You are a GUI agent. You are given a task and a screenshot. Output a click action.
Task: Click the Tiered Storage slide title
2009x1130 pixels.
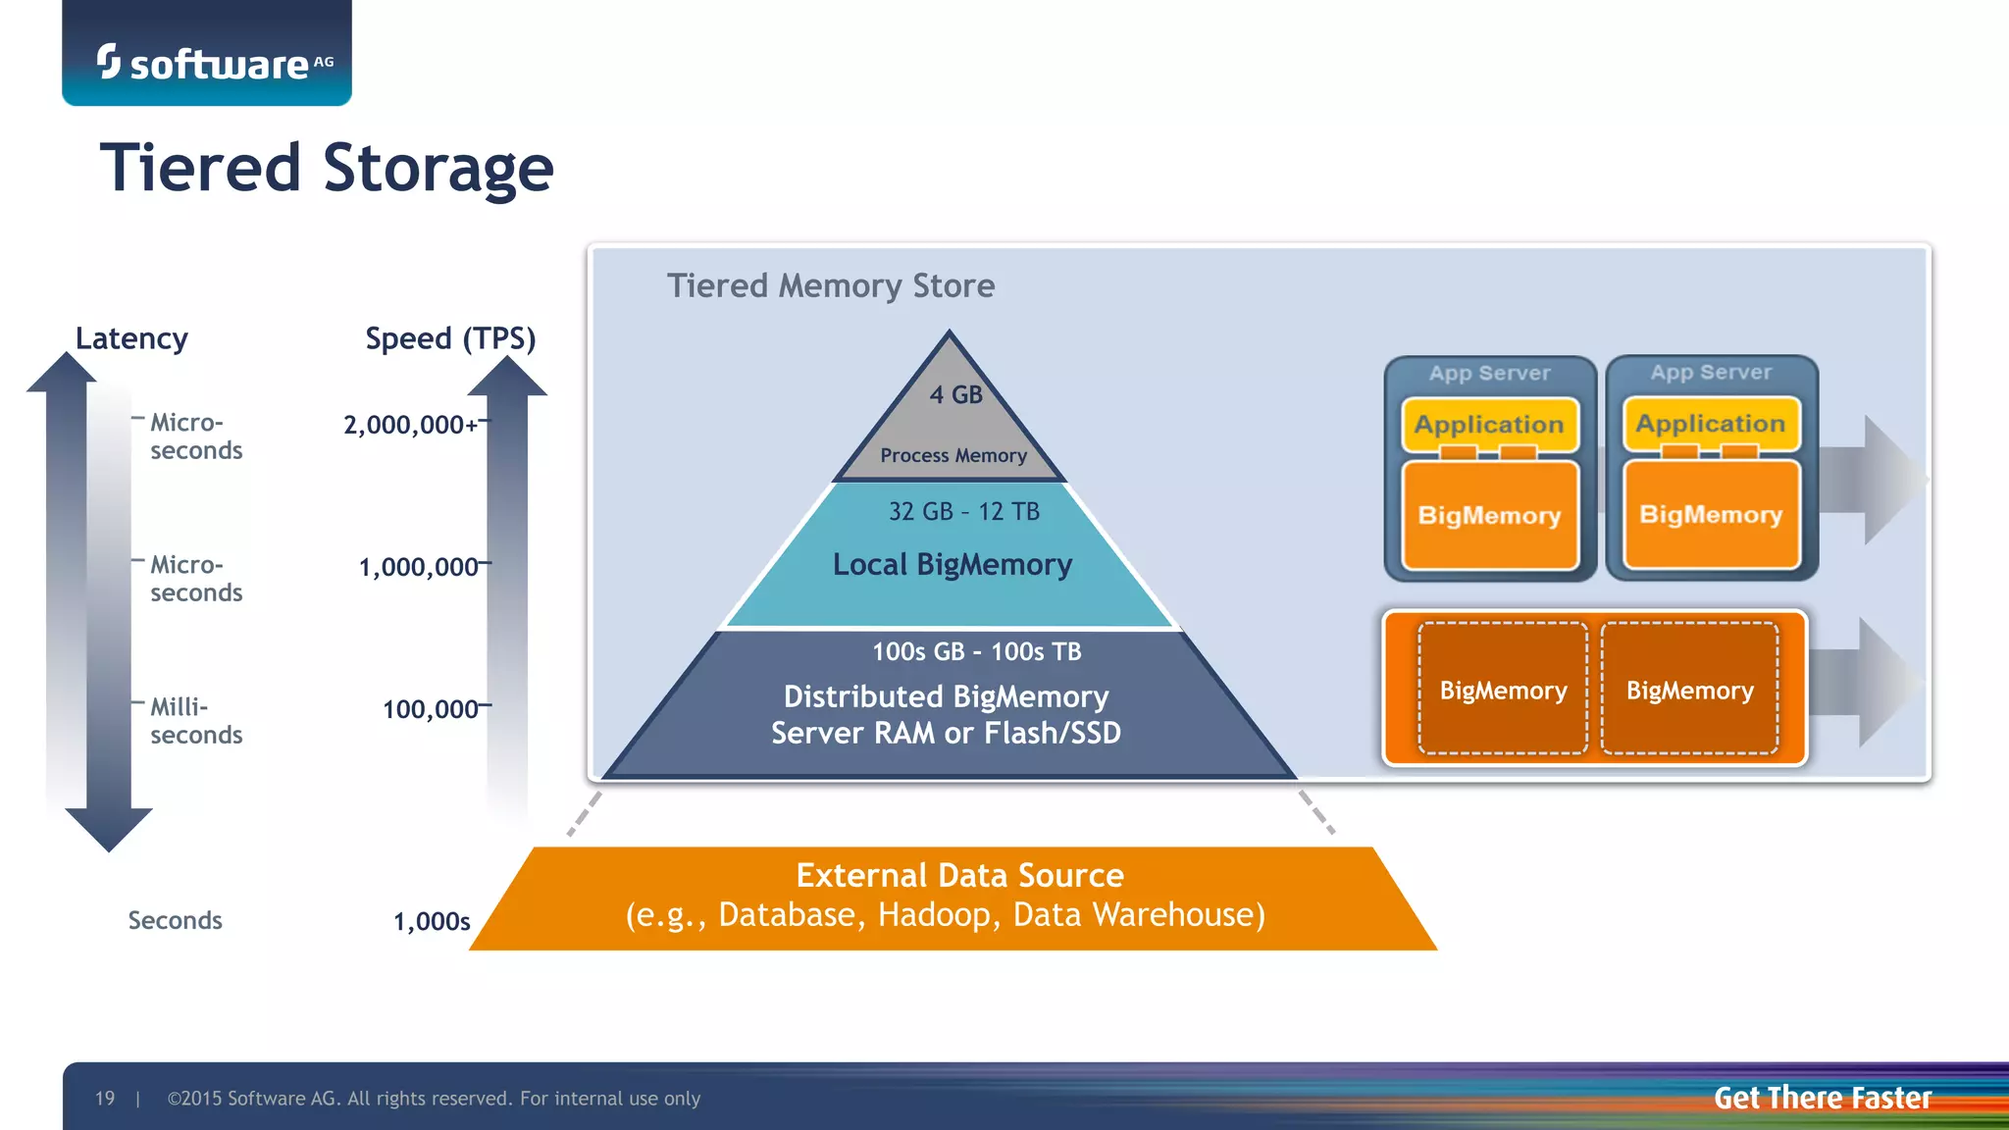coord(327,167)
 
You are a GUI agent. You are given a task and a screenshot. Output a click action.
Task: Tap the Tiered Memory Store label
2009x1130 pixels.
coord(830,285)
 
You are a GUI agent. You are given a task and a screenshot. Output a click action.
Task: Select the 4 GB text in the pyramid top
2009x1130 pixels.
coord(955,394)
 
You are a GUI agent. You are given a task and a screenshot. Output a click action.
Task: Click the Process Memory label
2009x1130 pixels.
coord(953,455)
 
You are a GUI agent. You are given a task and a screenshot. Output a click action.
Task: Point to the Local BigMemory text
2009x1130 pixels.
coord(952,564)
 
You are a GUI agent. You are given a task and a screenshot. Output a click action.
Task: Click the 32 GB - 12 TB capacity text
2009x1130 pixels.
coord(963,511)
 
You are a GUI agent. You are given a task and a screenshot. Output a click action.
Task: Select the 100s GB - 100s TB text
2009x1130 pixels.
coord(976,651)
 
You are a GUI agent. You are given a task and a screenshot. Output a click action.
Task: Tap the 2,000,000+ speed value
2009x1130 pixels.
coord(411,425)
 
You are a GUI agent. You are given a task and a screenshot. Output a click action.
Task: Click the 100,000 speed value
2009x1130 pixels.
coord(430,708)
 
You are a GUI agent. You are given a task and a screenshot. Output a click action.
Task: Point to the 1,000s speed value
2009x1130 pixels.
coord(432,921)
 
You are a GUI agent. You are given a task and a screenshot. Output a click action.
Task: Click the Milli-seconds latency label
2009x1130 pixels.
coord(195,721)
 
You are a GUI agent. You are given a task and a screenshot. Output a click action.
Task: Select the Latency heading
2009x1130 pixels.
coord(131,338)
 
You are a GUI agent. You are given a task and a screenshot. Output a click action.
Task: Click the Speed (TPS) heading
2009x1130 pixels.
coord(450,338)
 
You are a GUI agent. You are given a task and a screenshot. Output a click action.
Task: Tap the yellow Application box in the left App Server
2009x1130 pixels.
coord(1488,425)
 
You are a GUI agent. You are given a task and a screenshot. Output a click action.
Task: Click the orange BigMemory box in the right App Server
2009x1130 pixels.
coord(1711,514)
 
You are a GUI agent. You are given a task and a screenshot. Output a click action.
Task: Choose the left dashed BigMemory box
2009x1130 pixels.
coord(1503,690)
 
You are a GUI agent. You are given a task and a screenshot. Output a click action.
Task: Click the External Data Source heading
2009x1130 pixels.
coord(959,874)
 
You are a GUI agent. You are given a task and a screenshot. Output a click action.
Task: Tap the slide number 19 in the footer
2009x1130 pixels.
coord(105,1098)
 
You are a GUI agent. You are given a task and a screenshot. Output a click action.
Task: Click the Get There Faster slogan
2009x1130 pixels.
coord(1822,1098)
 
